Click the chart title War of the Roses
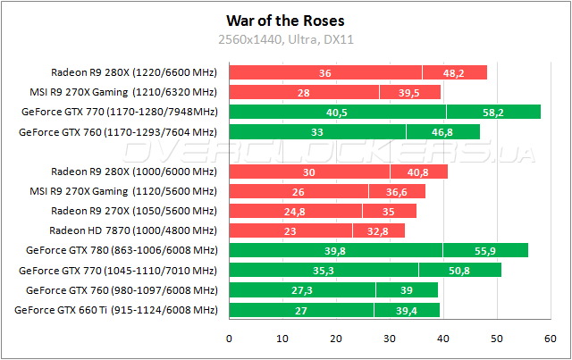(286, 20)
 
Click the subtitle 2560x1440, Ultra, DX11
(286, 38)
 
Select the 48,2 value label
(455, 72)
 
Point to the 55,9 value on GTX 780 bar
(485, 250)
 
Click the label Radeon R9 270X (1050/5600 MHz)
(134, 211)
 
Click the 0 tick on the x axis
(230, 338)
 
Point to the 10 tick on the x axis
(283, 338)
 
